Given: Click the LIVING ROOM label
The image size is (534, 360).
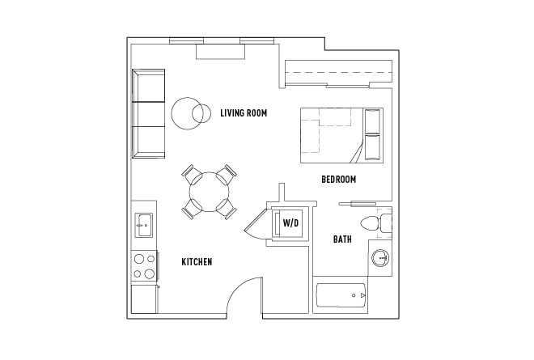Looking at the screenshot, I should pos(244,112).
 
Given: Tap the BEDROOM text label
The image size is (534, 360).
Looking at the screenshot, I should pos(338,179).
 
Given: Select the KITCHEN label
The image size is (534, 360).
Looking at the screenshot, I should pos(197,262).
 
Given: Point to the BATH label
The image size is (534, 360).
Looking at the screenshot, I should pos(342,239).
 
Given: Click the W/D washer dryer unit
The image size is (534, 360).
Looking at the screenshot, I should pos(290,222).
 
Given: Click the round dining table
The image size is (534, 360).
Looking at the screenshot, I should pos(210,192).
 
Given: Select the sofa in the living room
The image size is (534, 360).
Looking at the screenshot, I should pos(148,113).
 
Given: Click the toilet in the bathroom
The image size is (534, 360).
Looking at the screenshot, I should pos(372,223).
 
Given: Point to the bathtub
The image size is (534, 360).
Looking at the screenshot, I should pos(340,299).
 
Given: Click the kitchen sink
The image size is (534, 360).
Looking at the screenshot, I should pos(143,224).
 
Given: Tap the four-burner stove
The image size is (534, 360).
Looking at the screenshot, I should pos(144,266).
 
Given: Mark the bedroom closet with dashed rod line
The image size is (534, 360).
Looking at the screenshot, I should pos(337,73).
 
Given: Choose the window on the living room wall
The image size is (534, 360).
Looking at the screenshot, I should pos(220,40).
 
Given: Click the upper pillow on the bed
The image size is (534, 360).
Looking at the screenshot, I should pos(373,121).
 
